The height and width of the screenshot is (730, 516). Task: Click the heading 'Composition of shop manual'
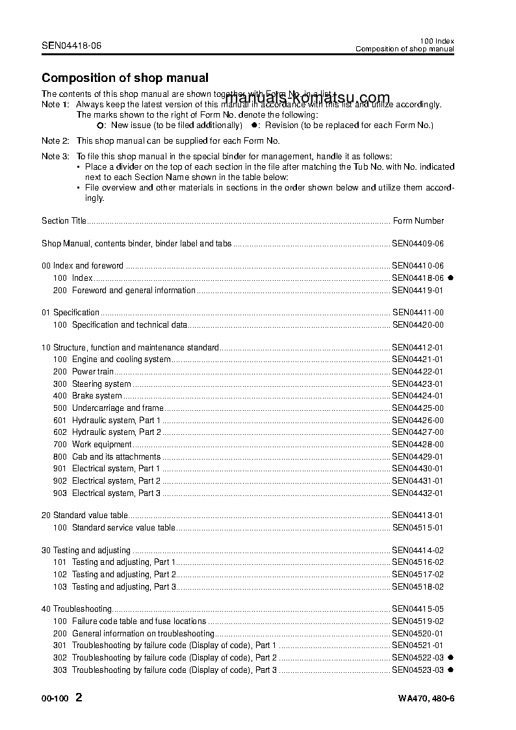pos(125,78)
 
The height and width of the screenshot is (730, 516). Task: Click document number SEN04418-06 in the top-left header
pos(71,46)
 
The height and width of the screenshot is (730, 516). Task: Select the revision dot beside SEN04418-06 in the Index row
pos(450,278)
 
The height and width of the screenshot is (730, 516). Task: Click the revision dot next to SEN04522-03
pos(450,658)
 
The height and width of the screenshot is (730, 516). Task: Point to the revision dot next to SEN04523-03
pos(450,670)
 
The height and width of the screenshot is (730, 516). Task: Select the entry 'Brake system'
pos(97,396)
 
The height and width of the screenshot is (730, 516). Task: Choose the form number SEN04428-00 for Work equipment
pos(418,445)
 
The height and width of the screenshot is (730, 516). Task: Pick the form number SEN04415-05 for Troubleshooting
pos(418,609)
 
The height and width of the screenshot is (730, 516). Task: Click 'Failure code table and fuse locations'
pos(138,621)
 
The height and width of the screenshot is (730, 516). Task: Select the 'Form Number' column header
pos(419,221)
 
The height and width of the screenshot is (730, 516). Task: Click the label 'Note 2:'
pos(55,141)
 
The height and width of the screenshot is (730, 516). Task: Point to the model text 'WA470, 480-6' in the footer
pos(426,699)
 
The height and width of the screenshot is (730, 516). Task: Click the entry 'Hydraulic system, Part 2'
pos(116,432)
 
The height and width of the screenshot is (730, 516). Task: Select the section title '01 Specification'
pos(70,313)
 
